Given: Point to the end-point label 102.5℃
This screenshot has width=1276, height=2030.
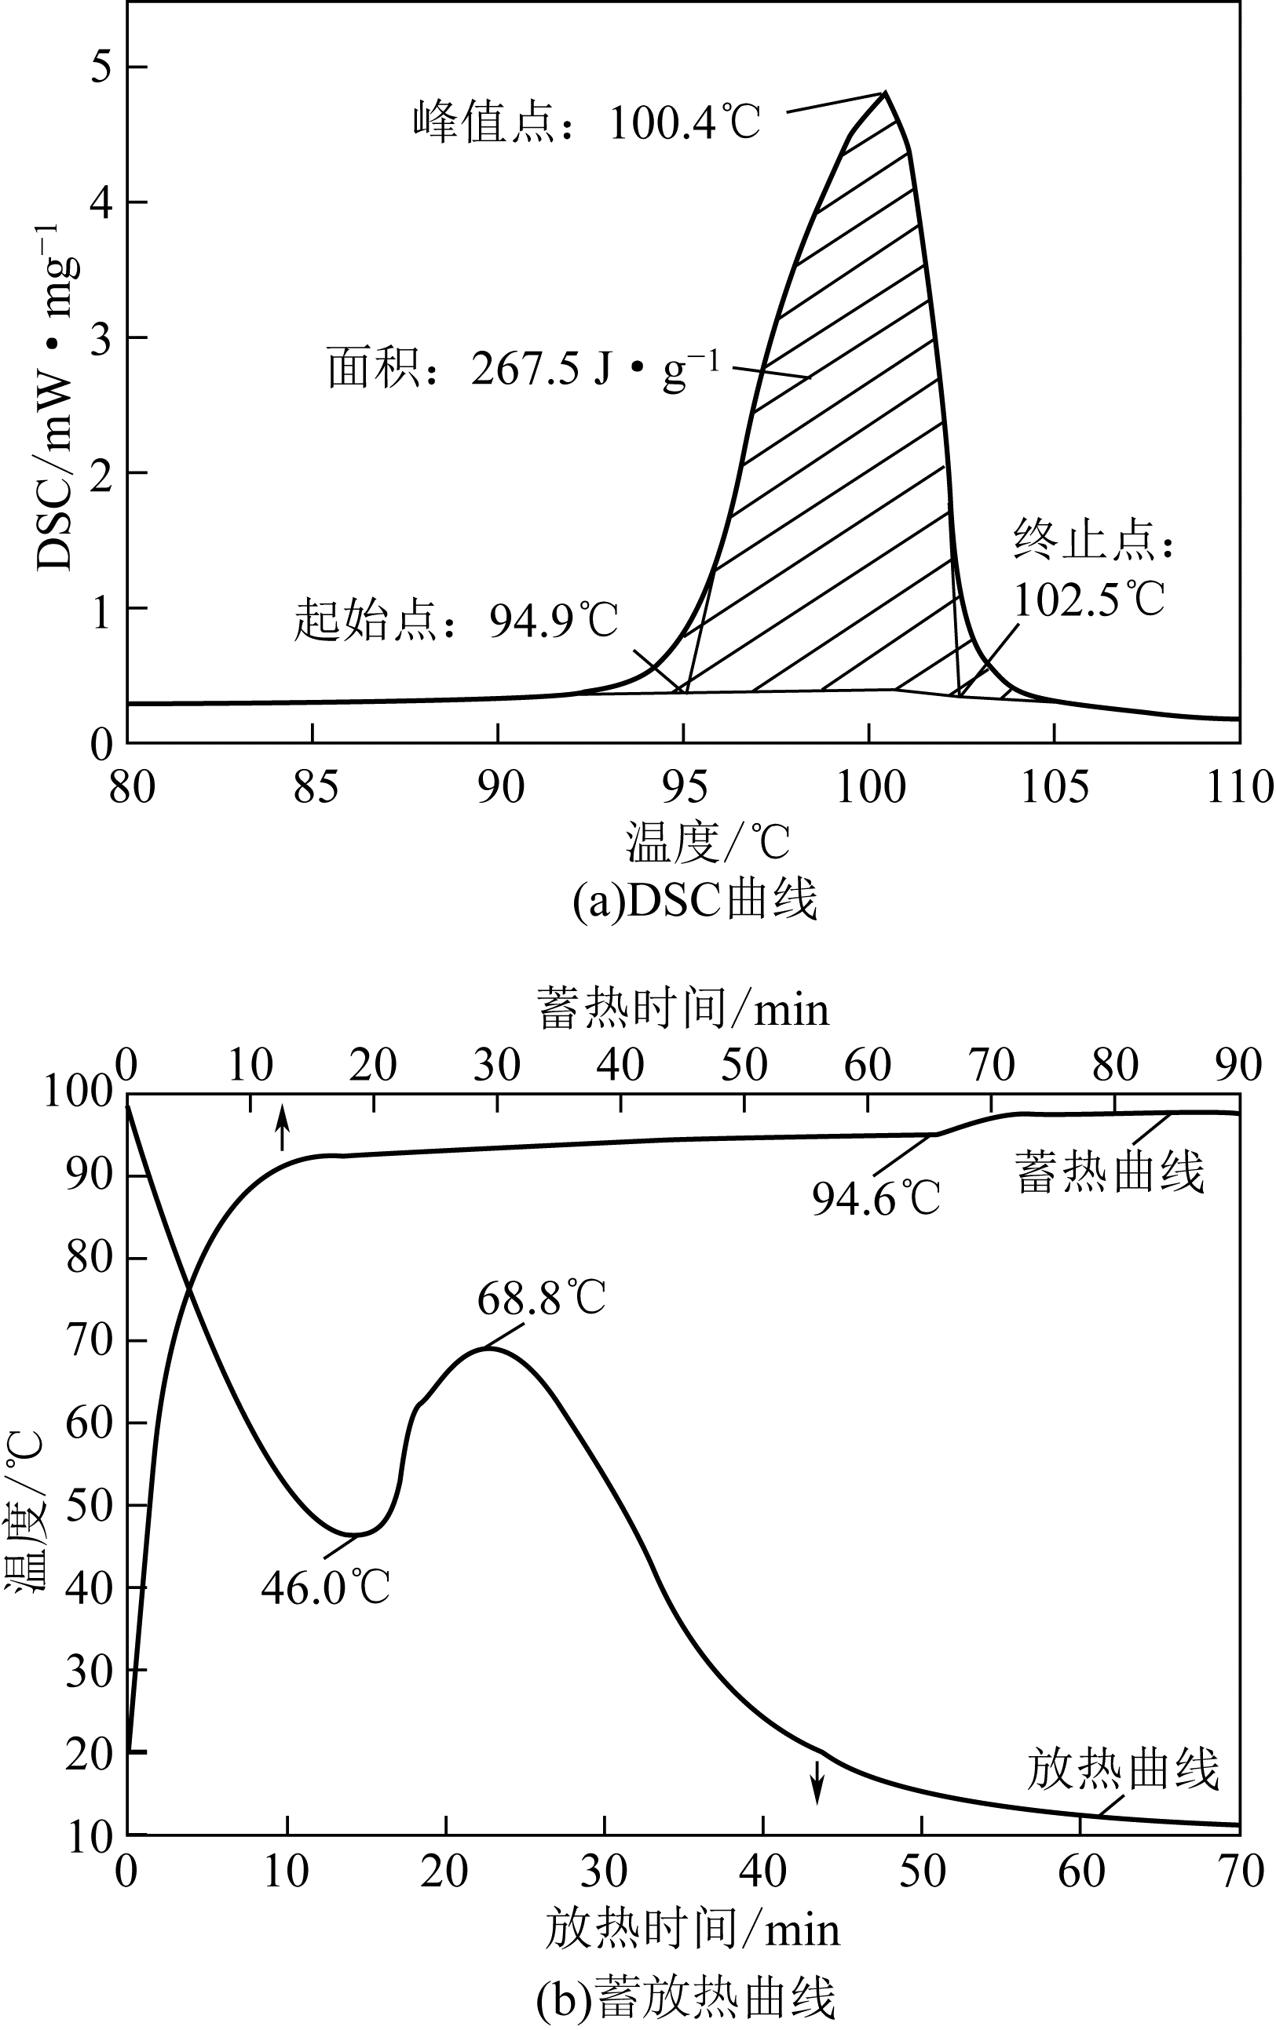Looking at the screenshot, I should coord(1088,600).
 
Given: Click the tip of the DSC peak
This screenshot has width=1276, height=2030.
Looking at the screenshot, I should coord(884,93).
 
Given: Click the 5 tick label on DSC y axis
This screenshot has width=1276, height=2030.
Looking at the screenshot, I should coord(101,67).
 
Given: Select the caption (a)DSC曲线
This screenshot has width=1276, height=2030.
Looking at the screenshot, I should coord(694,900).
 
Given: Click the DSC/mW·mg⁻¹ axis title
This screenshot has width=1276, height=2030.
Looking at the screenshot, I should coord(57,396).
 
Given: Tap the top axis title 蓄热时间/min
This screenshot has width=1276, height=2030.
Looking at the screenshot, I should coord(683,1009).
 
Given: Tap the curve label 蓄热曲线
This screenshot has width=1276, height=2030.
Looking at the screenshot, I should coord(1109,1172).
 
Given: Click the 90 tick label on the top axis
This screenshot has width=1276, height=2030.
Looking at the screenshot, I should coord(1238,1066).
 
